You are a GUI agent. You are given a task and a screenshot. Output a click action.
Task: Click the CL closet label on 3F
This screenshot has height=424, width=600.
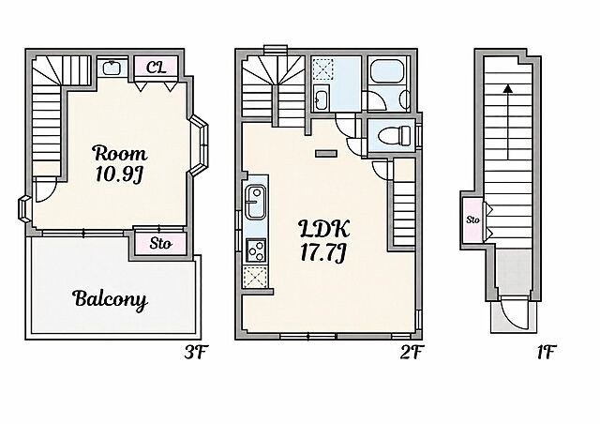[157, 68]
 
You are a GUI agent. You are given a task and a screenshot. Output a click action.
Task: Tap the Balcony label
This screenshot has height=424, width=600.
[111, 298]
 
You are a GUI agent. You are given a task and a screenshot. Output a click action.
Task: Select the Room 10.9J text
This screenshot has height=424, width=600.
[120, 163]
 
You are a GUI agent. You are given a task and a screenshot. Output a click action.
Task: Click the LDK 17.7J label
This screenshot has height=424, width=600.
[323, 240]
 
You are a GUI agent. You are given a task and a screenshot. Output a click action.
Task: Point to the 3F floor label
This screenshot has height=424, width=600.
[196, 353]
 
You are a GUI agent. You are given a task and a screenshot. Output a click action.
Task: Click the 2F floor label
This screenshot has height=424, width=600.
[412, 353]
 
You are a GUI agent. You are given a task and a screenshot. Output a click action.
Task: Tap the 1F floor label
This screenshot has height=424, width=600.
[546, 353]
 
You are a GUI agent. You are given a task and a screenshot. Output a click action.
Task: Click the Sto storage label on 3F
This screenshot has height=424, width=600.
[160, 243]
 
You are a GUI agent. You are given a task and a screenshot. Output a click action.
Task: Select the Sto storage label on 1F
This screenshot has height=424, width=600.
[472, 220]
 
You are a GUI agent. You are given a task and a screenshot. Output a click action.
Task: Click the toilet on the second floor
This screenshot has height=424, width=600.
[393, 135]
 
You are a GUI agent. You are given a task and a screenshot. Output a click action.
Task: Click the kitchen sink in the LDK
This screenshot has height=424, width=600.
[256, 202]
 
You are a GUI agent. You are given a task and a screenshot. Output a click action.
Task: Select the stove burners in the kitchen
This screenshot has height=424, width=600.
[256, 250]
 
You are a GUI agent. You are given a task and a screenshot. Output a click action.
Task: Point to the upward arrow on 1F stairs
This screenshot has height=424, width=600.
[508, 122]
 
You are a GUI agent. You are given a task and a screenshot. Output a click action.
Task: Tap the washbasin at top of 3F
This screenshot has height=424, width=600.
[112, 68]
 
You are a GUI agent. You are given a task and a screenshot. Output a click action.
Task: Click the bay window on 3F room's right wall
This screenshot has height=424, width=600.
[199, 145]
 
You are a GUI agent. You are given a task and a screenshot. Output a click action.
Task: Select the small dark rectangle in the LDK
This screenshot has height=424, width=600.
[326, 154]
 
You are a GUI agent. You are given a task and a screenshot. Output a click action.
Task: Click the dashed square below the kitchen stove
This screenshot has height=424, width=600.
[256, 276]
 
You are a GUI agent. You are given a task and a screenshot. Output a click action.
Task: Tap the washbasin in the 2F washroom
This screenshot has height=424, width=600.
[321, 98]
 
